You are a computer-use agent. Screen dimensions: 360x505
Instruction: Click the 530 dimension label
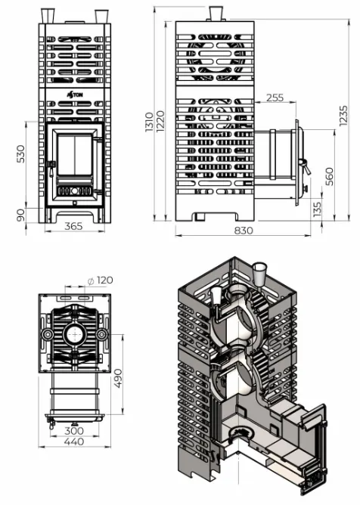point(20,154)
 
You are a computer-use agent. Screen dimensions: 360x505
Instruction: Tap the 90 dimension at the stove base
point(20,215)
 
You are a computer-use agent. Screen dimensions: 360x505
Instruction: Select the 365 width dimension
point(73,226)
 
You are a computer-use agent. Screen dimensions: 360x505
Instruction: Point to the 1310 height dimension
point(149,122)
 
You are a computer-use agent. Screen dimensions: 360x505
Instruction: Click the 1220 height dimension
point(160,120)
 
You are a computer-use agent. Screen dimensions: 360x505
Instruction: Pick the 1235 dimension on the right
point(343,116)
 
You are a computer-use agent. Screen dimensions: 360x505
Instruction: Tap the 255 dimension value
point(275,98)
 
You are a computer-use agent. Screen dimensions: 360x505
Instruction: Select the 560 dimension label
point(329,176)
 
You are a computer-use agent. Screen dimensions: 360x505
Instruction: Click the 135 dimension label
point(317,209)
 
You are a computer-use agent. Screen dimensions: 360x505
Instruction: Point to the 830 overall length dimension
point(244,231)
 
